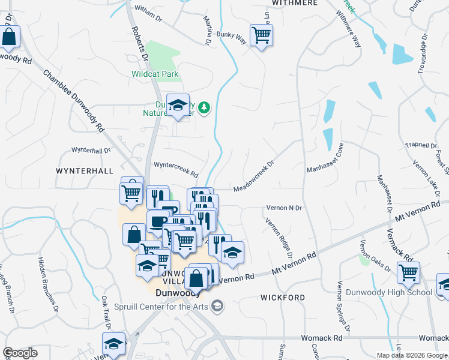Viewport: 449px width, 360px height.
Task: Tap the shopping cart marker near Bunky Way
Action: [x=262, y=35]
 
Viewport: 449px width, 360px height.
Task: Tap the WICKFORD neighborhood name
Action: [x=283, y=298]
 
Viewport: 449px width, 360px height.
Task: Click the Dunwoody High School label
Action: [x=389, y=293]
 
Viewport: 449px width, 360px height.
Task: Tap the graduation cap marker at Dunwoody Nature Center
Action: [x=178, y=105]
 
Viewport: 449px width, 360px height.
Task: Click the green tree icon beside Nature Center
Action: [x=205, y=107]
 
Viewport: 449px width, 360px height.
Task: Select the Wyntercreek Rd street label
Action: [x=176, y=169]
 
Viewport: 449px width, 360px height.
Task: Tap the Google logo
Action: [x=20, y=353]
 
